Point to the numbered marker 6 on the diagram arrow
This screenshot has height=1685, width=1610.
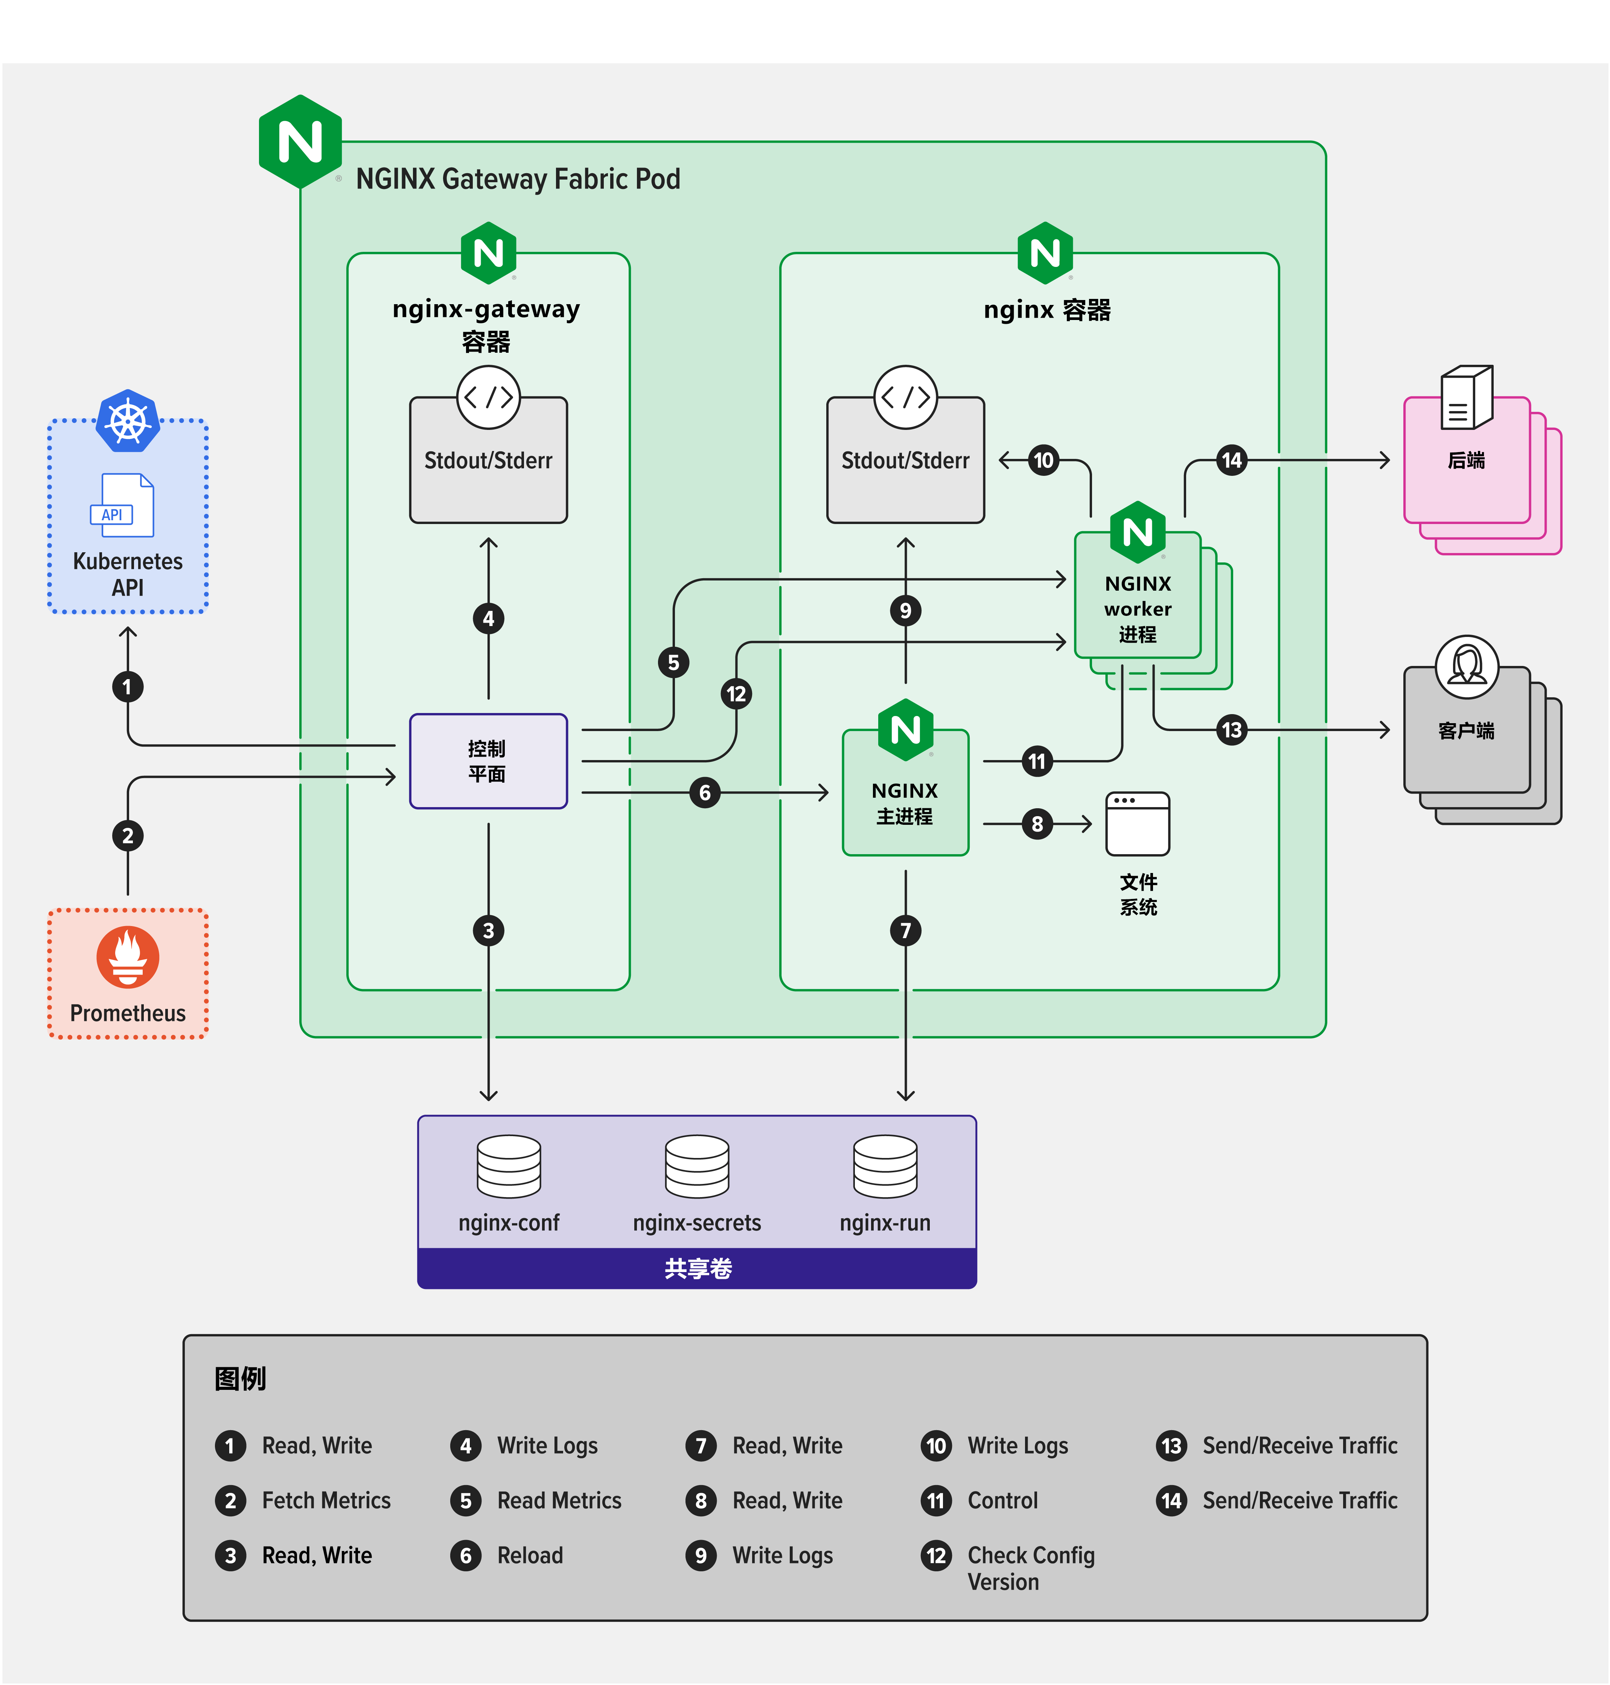click(705, 792)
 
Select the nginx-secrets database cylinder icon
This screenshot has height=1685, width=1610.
click(697, 1165)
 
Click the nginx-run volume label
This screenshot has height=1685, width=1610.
click(885, 1222)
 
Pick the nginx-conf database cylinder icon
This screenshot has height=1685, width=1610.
click(509, 1165)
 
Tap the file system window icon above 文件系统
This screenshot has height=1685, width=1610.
click(1137, 824)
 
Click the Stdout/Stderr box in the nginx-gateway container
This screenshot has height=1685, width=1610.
click(488, 461)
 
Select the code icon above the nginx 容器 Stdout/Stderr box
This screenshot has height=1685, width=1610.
click(905, 398)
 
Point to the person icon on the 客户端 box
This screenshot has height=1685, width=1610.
click(1467, 666)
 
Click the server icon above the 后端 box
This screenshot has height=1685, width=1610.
click(1467, 398)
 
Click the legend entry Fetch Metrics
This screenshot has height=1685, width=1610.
click(326, 1501)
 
